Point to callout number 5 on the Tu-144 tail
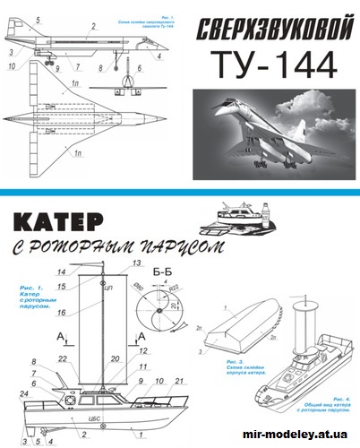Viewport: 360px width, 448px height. point(37,20)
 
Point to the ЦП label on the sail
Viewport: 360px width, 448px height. point(107,291)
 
